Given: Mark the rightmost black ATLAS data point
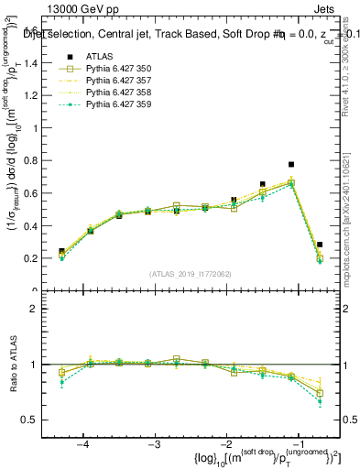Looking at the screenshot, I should (320, 245).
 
